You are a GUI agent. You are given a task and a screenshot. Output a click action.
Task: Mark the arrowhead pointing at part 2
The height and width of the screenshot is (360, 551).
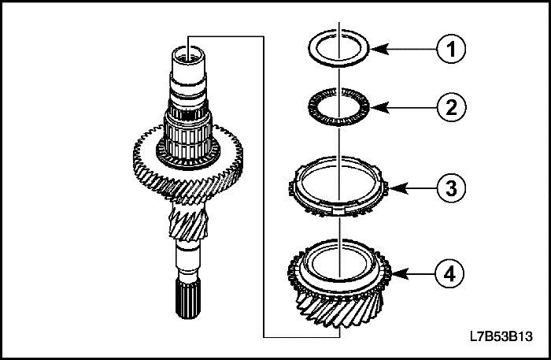pyautogui.click(x=375, y=106)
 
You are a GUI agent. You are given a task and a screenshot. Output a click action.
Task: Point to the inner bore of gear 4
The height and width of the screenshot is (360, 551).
pyautogui.click(x=338, y=260)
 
